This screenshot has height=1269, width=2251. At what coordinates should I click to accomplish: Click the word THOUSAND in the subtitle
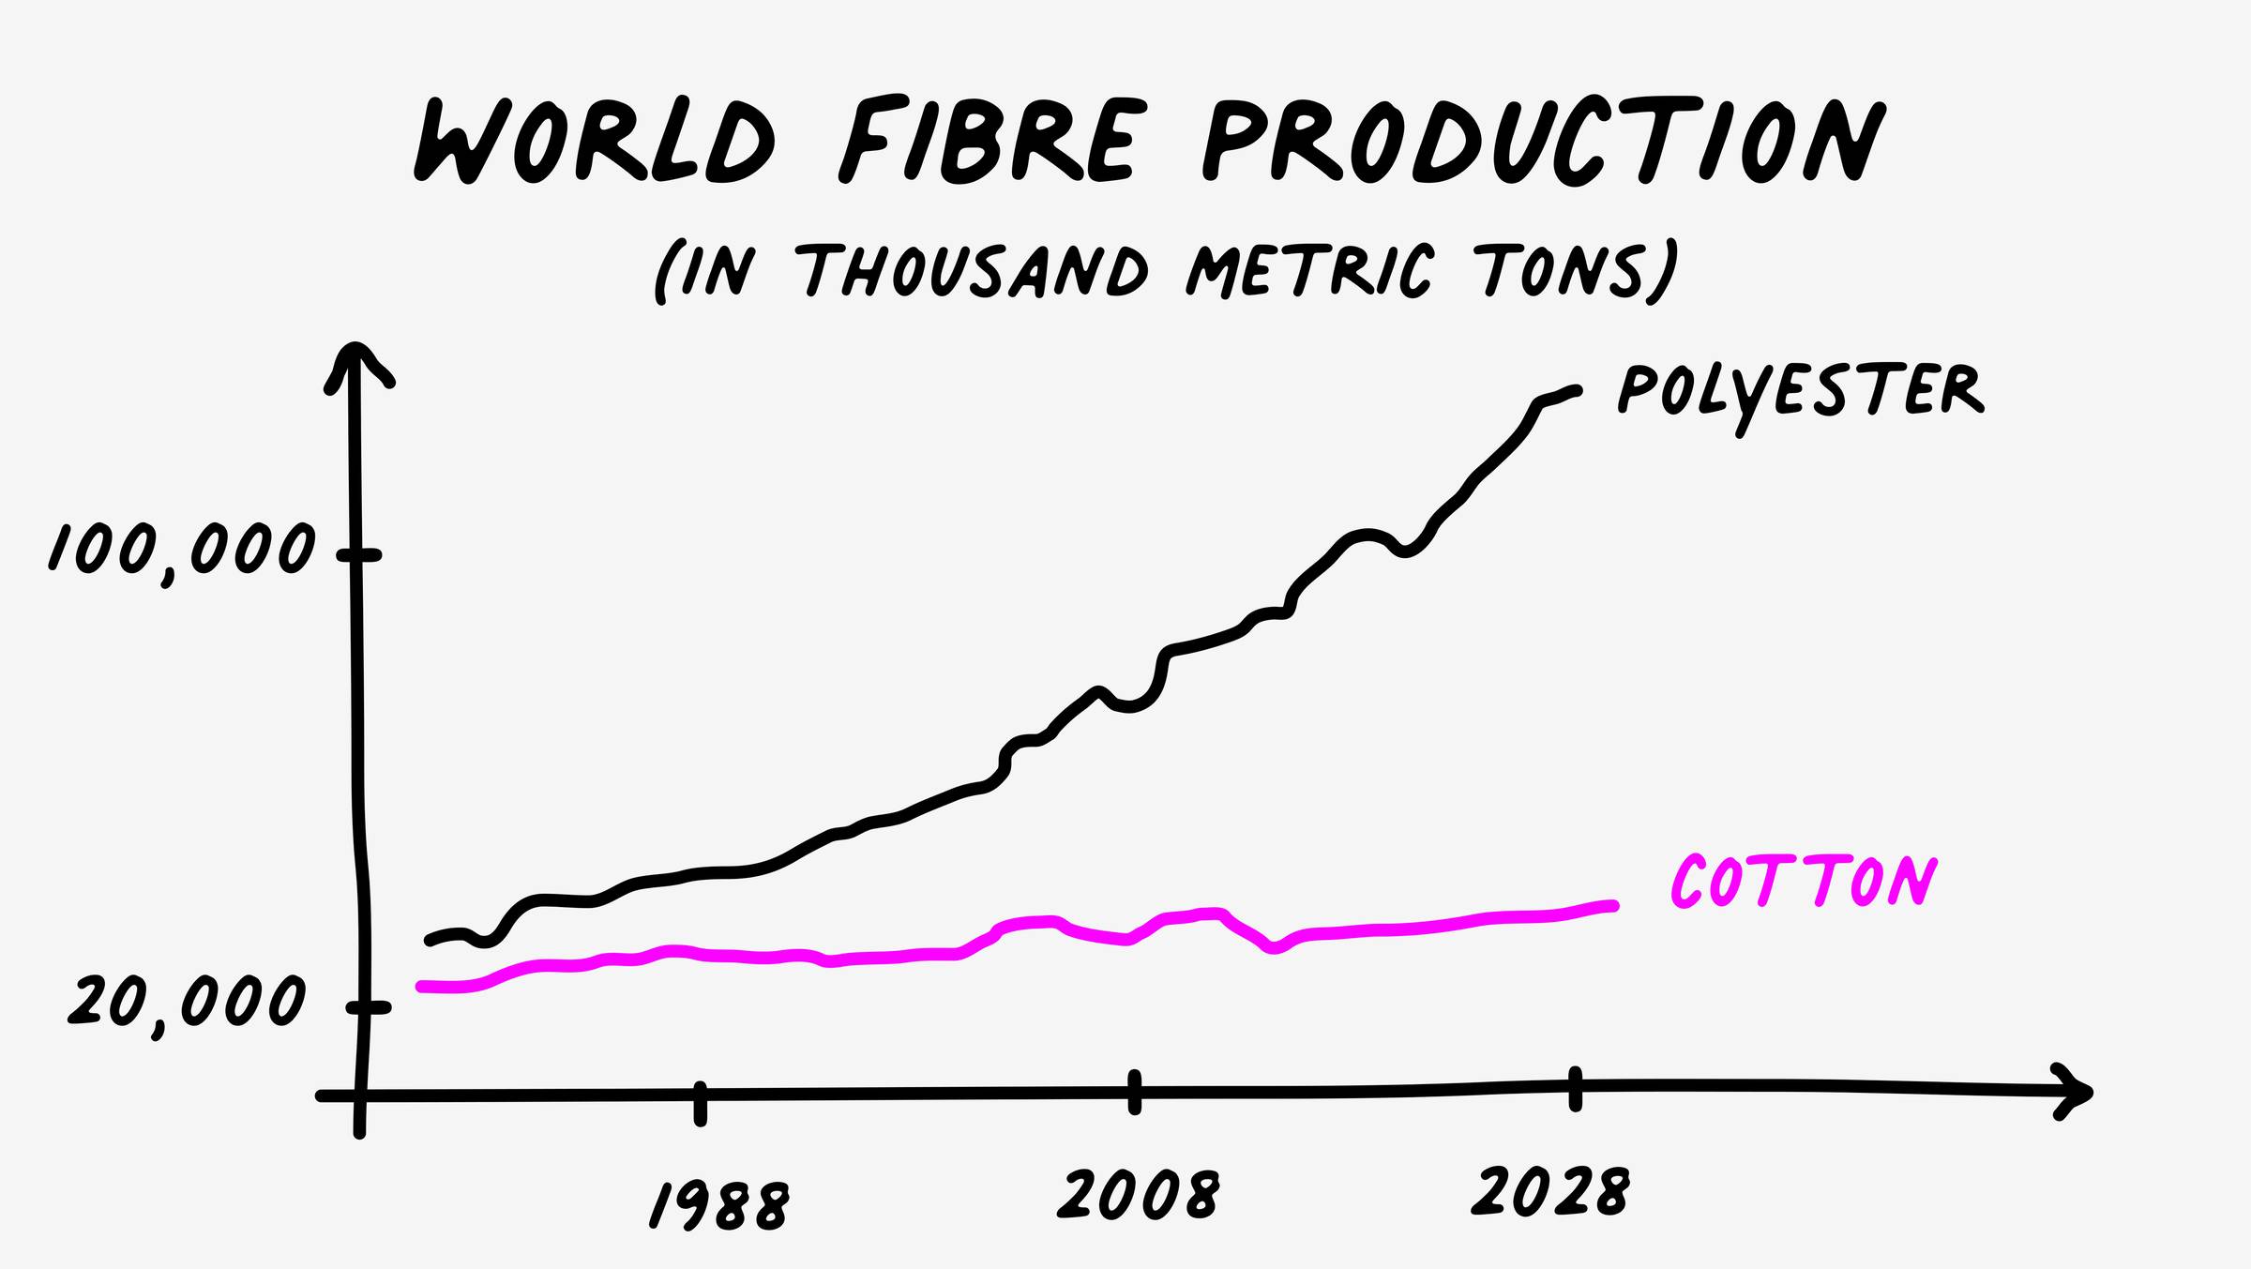975,272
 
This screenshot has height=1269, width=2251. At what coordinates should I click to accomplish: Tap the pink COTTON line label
1803,882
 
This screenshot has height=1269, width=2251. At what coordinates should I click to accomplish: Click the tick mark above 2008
1135,1092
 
